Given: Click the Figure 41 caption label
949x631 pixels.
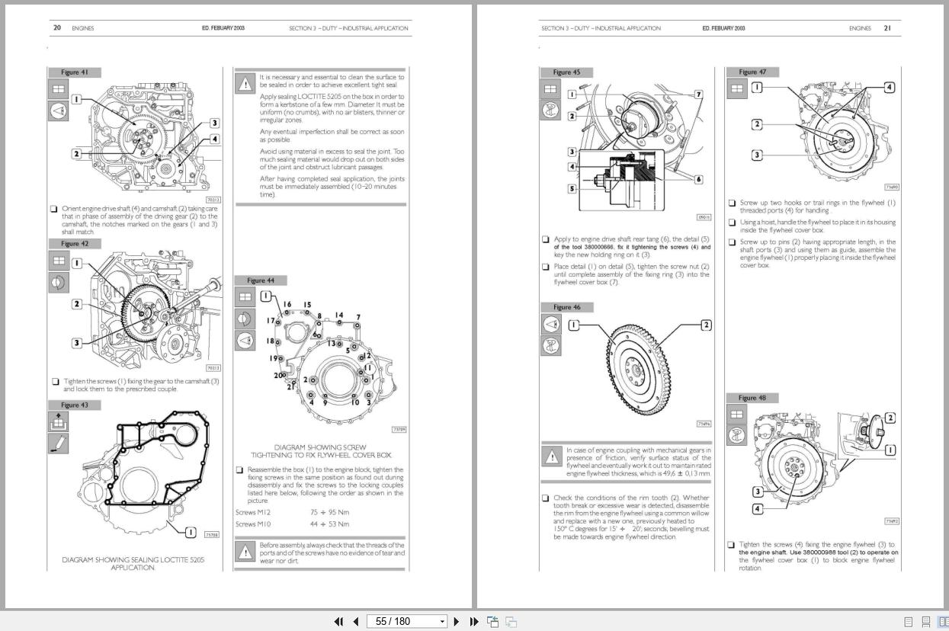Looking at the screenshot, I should coord(75,72).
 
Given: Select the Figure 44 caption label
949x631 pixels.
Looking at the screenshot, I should coord(261,280).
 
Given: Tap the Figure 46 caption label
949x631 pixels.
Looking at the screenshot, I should coord(566,307).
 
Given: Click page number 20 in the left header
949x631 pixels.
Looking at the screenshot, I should coord(57,28).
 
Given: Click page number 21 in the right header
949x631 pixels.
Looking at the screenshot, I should coord(886,28).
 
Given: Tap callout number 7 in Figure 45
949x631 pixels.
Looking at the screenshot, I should coord(698,94).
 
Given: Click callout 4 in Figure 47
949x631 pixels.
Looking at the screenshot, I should coord(889,87).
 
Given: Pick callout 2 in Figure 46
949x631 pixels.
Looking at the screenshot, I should coord(706,325).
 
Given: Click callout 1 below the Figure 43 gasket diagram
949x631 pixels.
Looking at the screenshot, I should coord(191,532).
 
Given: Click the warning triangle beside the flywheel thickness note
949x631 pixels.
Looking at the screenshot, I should coord(551,456).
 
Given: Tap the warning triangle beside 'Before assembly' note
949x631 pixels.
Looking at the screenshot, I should coord(245,551).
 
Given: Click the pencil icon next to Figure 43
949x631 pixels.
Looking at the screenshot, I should coord(59,443).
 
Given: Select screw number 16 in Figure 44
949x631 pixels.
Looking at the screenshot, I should coord(287,305).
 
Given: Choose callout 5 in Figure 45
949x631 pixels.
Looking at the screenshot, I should coord(572,188).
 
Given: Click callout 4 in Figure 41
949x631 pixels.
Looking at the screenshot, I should coord(215,139).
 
